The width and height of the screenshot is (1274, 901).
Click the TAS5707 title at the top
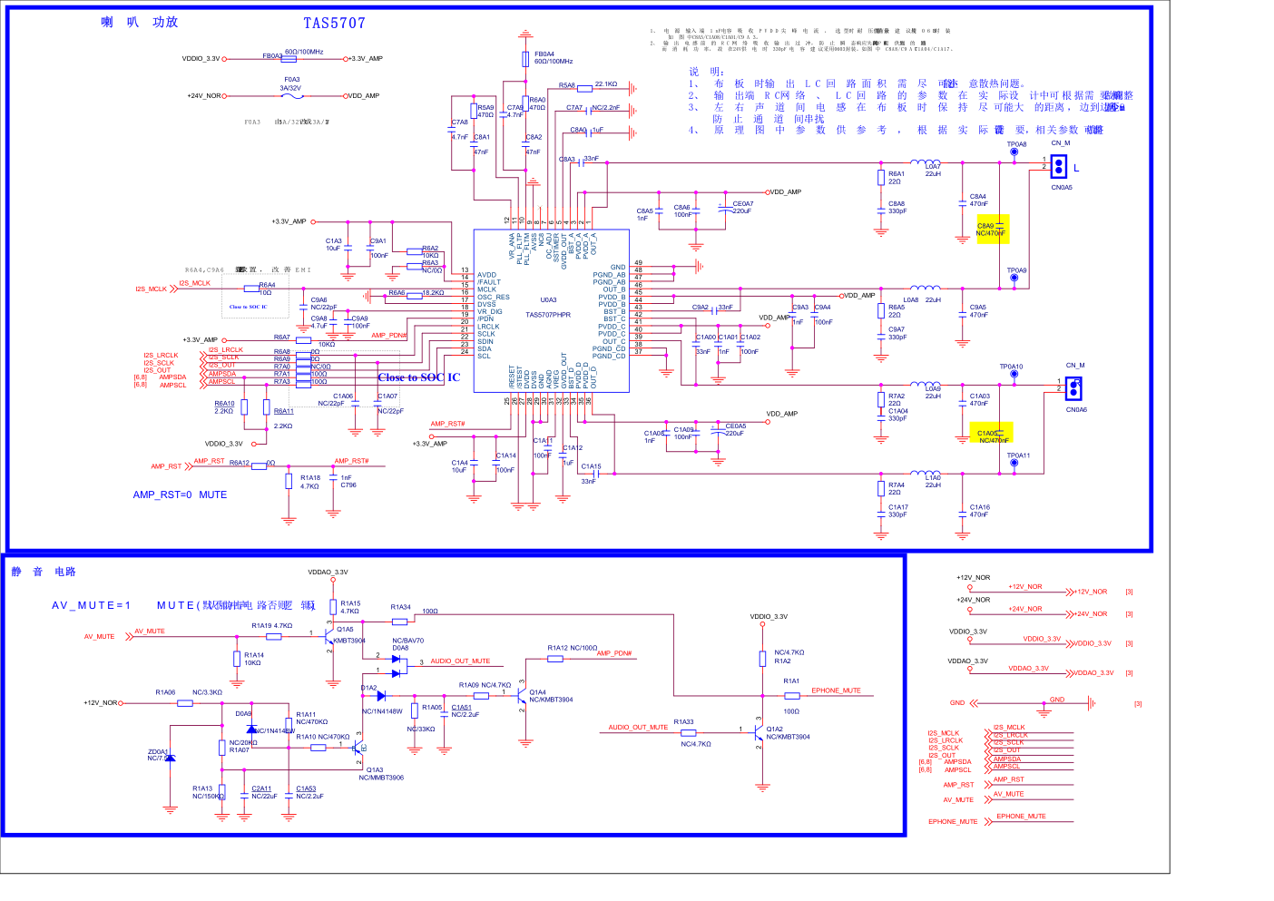[x=334, y=24]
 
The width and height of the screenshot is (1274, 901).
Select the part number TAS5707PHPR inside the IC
[x=548, y=315]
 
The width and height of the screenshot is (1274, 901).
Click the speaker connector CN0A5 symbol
[x=1059, y=167]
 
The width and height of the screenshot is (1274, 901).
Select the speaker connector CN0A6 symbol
[x=1073, y=388]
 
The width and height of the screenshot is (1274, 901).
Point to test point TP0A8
[x=1014, y=152]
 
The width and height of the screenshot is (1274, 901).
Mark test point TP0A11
[x=1014, y=464]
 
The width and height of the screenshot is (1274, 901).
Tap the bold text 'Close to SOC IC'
[x=419, y=377]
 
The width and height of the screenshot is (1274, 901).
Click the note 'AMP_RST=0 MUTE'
[x=180, y=495]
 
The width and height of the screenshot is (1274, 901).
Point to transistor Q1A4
[x=520, y=696]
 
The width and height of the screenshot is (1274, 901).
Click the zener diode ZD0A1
[x=170, y=758]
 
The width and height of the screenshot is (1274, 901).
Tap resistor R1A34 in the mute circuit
[x=399, y=622]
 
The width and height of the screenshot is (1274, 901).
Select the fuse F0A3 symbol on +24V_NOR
[x=292, y=95]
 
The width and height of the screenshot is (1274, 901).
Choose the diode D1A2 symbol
[x=380, y=696]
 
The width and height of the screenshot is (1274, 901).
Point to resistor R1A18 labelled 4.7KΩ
[x=289, y=481]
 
